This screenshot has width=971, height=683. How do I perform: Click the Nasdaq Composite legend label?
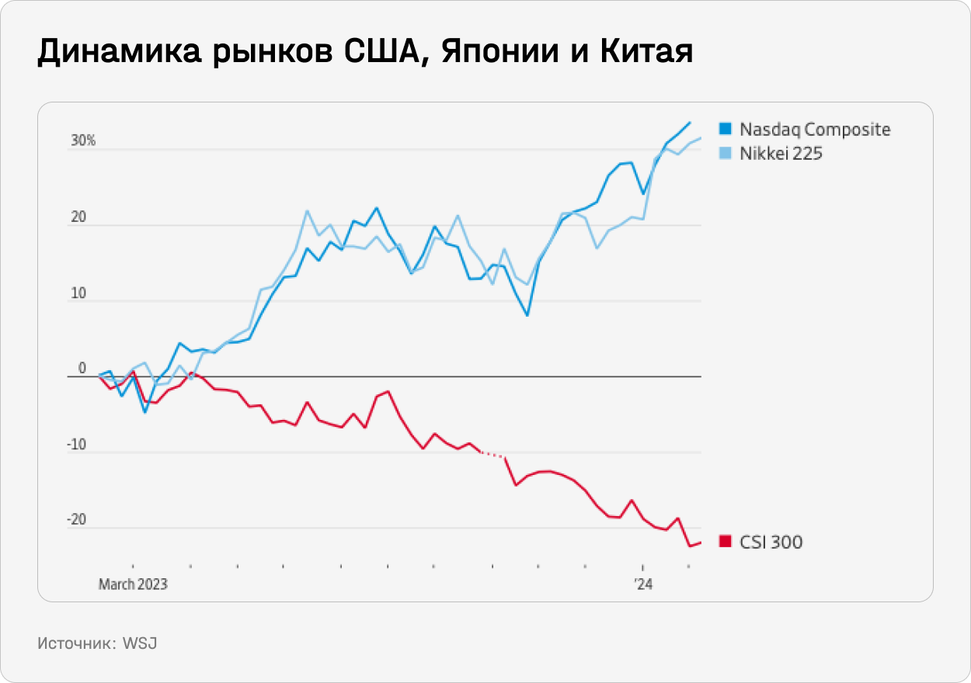815,130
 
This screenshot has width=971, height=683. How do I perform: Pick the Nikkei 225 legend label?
781,154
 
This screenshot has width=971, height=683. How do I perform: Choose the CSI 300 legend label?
771,542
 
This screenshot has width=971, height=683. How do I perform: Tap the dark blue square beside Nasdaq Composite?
726,129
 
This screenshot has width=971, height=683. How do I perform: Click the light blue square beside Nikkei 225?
726,154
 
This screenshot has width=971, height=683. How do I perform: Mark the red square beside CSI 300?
726,542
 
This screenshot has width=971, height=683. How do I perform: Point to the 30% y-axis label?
83,141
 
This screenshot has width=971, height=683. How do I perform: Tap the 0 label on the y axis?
82,369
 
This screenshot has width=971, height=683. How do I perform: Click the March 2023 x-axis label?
133,584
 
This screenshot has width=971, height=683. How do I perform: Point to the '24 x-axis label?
642,584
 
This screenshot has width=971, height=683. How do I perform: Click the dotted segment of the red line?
492,455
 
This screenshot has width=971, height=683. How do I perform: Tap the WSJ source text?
140,643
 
